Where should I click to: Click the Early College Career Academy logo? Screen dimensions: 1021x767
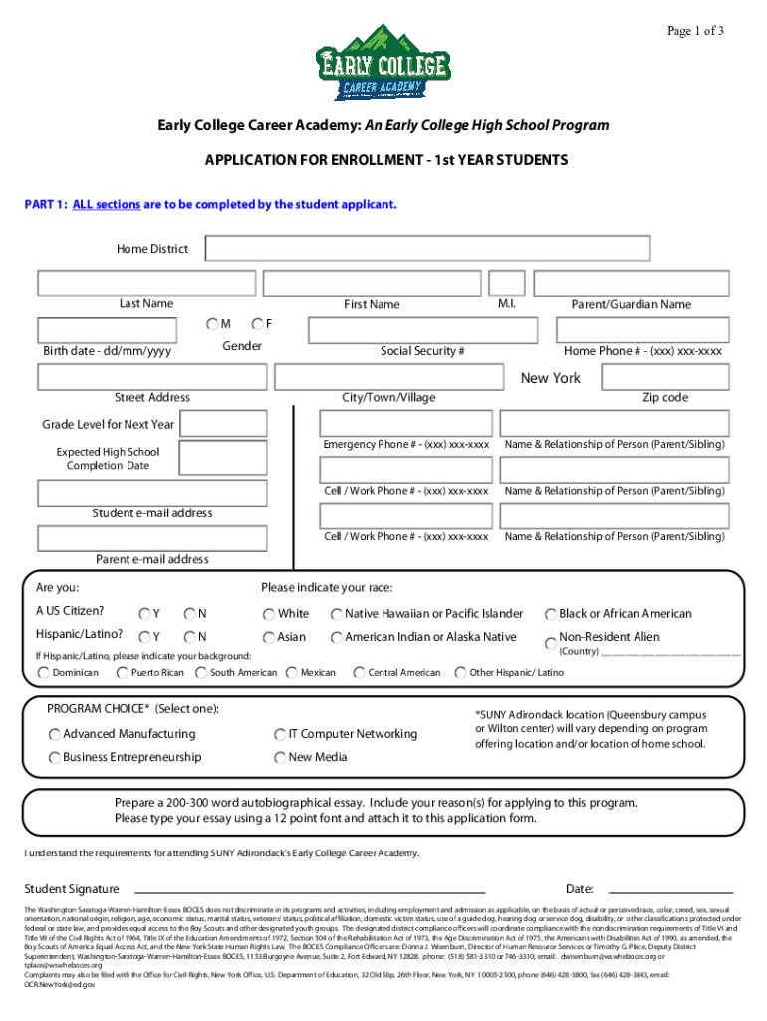click(x=383, y=62)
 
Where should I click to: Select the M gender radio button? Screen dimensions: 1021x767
click(x=213, y=324)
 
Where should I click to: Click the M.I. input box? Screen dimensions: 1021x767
click(x=507, y=283)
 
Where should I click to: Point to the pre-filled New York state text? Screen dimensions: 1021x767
click(x=550, y=378)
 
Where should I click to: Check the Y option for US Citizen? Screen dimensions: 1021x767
click(x=145, y=614)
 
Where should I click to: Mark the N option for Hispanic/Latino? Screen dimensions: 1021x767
click(x=189, y=637)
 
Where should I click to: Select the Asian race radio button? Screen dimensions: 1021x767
click(x=269, y=637)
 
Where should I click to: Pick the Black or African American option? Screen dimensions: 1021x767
click(x=550, y=614)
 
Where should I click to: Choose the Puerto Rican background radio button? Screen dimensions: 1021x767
click(x=124, y=673)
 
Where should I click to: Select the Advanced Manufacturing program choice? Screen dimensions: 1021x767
click(x=54, y=734)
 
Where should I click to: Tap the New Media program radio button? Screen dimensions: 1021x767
click(x=280, y=757)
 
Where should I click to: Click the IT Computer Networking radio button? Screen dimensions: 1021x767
click(x=280, y=734)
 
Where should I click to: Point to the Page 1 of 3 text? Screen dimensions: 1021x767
click(x=695, y=31)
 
